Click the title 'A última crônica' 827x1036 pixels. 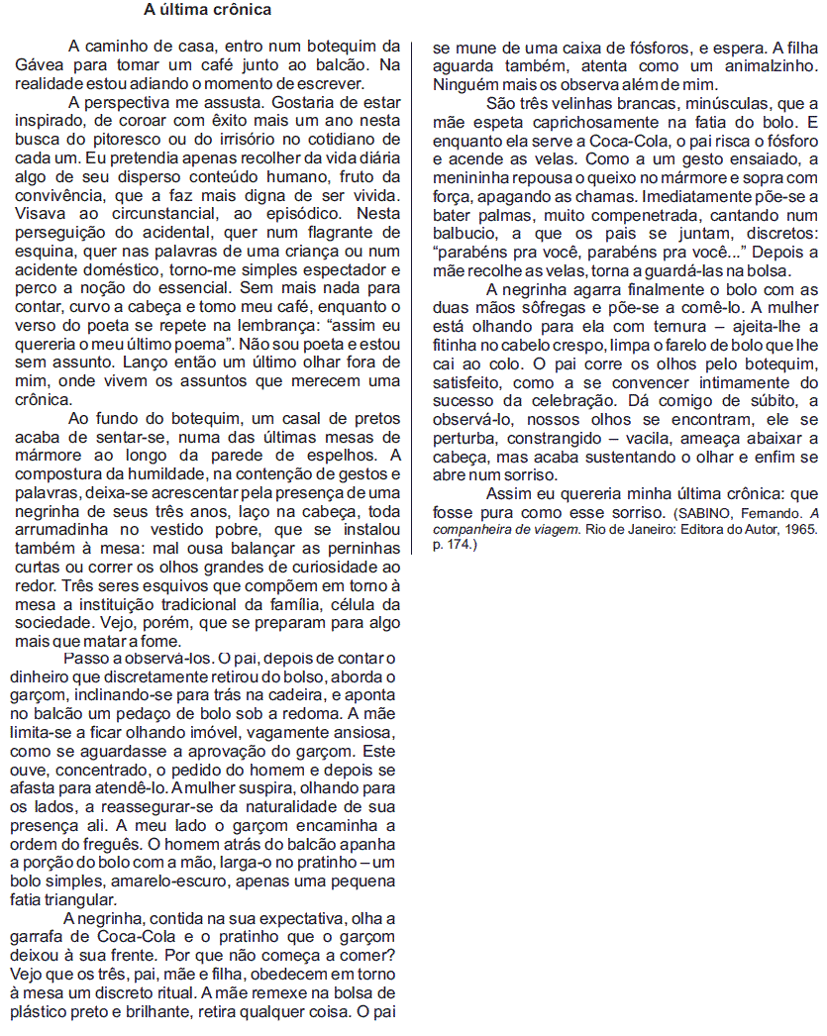pyautogui.click(x=207, y=11)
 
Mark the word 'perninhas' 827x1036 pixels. pyautogui.click(x=359, y=547)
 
